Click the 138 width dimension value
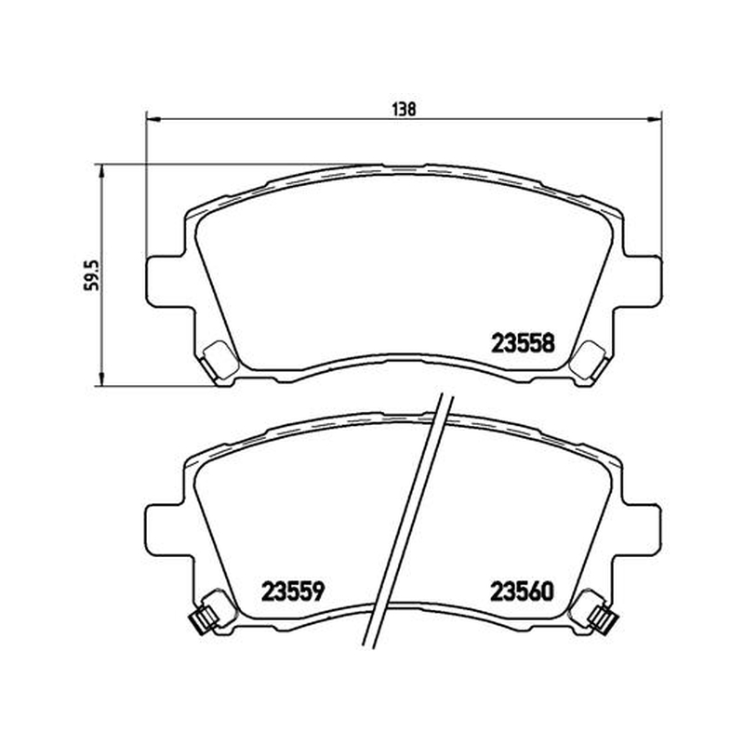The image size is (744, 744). [404, 109]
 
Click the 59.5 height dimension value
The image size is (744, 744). [90, 275]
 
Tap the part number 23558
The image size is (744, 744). [523, 343]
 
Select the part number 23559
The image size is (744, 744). [293, 591]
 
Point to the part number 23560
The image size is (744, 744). [522, 591]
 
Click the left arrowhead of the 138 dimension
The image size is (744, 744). [153, 119]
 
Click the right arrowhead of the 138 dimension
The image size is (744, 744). [655, 119]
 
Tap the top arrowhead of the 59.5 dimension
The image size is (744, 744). [100, 172]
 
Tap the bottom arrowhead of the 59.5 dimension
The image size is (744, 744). [100, 379]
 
